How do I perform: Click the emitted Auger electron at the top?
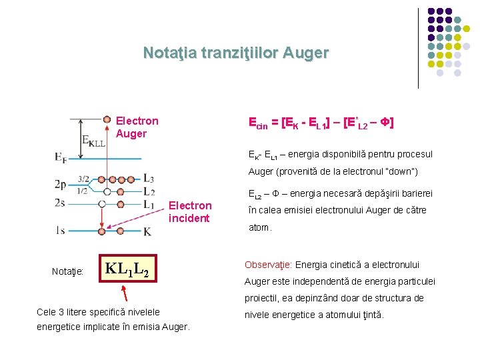coord(107,119)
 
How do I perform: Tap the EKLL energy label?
coord(93,141)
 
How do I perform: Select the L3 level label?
coord(148,179)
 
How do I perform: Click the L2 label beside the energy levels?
coord(149,192)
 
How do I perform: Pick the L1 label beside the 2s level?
coord(149,204)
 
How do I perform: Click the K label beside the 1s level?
coord(147,231)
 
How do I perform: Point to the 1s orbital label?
coord(61,231)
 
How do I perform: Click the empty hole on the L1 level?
coord(102,203)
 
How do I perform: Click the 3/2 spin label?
coord(83,179)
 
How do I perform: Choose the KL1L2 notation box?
coord(126,269)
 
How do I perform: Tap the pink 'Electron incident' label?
coord(190,211)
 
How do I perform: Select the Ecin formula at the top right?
coord(320,123)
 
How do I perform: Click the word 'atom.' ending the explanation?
coord(260,227)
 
